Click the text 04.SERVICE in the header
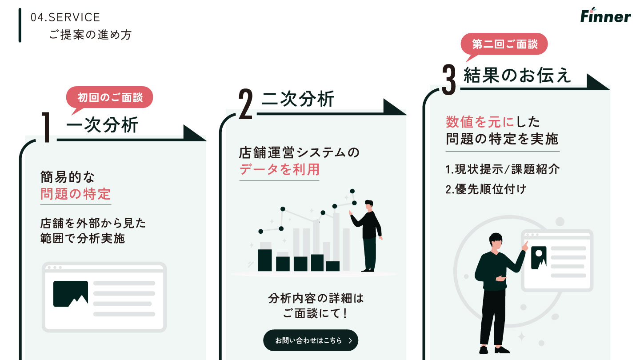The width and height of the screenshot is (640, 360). (65, 17)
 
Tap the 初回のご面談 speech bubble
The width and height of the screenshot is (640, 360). (110, 97)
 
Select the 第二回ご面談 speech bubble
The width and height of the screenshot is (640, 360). (504, 44)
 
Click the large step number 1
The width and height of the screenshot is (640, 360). (46, 127)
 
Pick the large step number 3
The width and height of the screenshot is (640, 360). (449, 79)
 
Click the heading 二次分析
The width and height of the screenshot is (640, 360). (298, 99)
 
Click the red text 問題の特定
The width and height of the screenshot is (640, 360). (76, 194)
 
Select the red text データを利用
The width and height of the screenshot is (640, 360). (279, 169)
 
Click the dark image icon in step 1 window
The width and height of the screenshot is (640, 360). (70, 293)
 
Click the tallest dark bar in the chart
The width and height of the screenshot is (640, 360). (265, 260)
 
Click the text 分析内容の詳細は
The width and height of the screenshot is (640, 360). (316, 298)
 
